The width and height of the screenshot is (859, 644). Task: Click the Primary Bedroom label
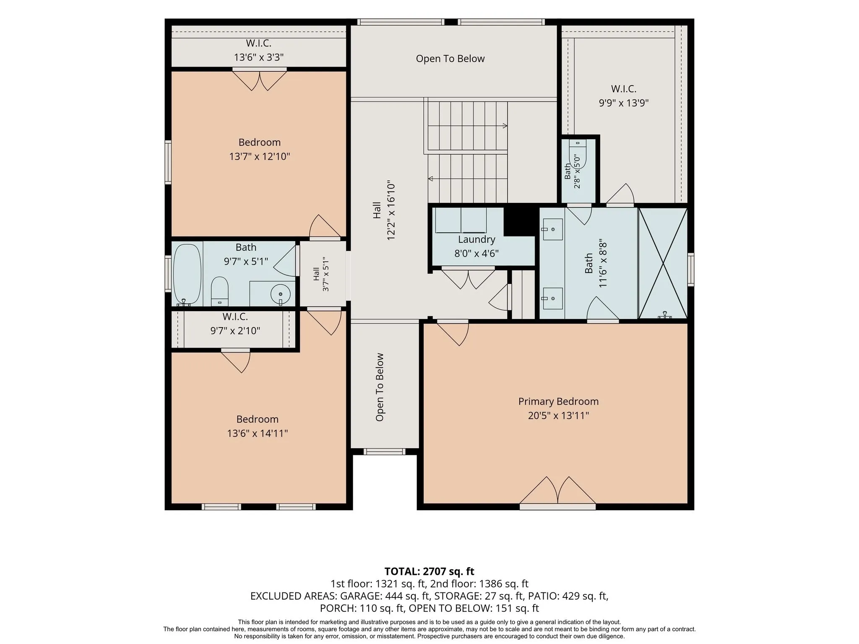coord(558,401)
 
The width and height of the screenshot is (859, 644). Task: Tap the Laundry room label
coord(476,239)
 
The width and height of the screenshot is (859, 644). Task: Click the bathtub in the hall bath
coord(187,275)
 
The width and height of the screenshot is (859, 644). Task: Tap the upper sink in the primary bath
coord(552,229)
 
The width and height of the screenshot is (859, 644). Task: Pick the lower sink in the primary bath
coord(552,298)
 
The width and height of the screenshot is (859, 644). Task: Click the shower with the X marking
coord(663,263)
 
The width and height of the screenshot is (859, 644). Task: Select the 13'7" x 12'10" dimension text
coord(260,156)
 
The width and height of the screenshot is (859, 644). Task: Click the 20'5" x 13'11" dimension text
coord(558,415)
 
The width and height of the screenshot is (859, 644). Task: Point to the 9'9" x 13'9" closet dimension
coord(624,103)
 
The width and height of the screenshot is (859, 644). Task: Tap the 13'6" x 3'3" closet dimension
coord(259,57)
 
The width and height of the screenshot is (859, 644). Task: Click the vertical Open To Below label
coord(380,387)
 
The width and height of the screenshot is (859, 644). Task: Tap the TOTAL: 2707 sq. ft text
coord(429,571)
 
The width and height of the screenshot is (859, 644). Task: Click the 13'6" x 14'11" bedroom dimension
coord(258,433)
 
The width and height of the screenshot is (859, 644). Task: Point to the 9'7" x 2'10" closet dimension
coord(235,331)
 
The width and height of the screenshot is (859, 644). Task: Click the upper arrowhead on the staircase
coord(505,125)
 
